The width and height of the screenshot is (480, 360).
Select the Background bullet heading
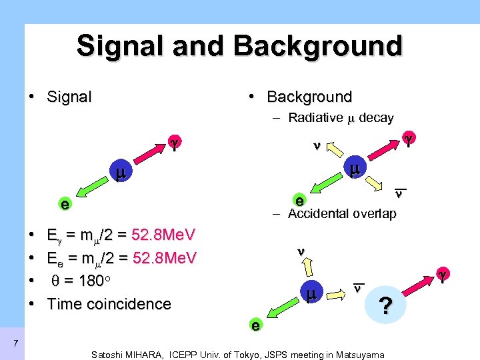(309, 97)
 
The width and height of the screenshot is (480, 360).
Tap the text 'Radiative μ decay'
(341, 118)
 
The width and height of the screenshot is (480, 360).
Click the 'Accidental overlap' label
(342, 214)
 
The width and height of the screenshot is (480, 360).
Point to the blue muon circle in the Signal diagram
(120, 175)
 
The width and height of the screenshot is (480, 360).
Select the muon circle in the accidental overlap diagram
(311, 293)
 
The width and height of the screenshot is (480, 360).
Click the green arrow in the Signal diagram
(89, 191)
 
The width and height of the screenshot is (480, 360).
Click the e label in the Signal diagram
(64, 205)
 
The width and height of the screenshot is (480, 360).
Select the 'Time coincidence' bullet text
(109, 305)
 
